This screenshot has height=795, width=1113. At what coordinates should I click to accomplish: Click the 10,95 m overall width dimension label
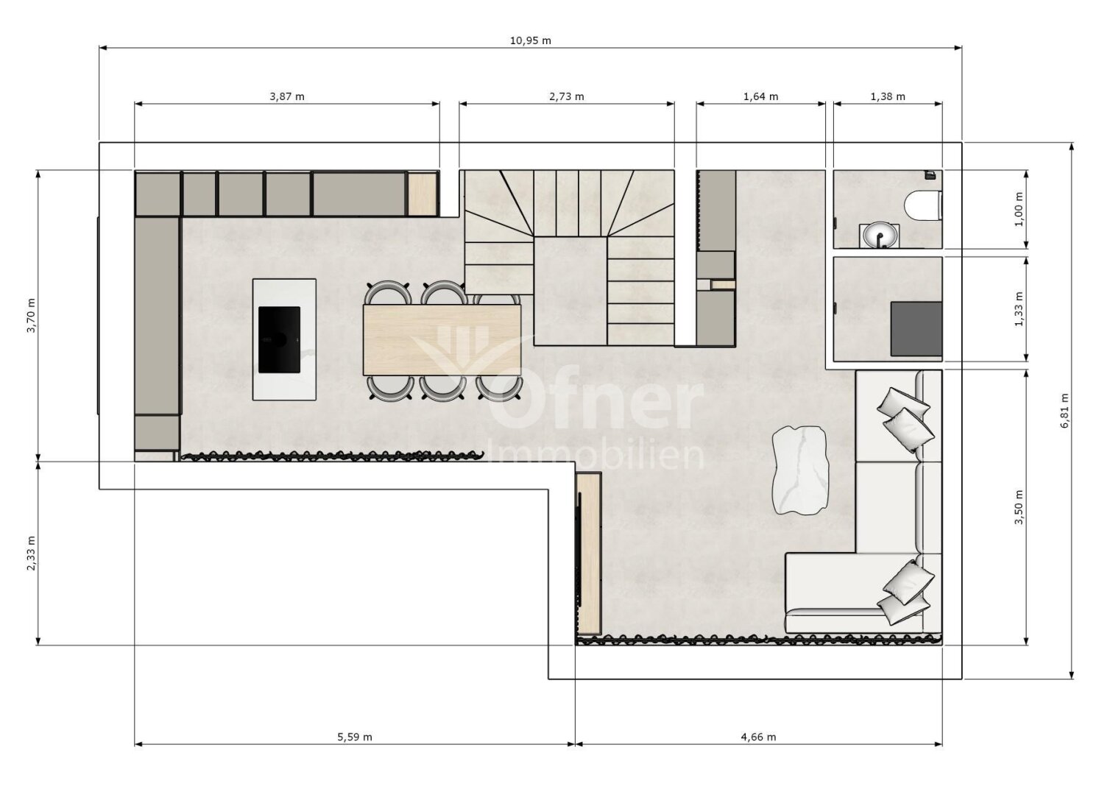click(x=530, y=40)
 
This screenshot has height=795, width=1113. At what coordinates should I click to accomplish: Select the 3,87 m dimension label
click(x=286, y=96)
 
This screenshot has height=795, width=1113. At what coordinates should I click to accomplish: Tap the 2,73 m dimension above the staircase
click(x=567, y=96)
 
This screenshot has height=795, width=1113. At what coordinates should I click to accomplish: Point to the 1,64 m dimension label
click(x=760, y=96)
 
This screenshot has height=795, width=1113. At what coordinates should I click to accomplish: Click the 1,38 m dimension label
click(x=888, y=96)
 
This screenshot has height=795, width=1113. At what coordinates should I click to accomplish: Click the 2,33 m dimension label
click(x=31, y=553)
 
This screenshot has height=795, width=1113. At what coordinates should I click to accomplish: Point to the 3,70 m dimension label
click(x=31, y=316)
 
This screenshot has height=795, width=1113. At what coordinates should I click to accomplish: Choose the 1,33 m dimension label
click(x=1019, y=308)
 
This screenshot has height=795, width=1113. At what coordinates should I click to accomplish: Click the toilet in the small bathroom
click(x=923, y=205)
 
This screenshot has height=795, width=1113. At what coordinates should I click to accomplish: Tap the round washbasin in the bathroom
click(x=878, y=235)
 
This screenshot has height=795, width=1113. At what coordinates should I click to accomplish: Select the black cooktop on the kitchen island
click(x=279, y=339)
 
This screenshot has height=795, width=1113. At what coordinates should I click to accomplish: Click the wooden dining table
click(x=442, y=339)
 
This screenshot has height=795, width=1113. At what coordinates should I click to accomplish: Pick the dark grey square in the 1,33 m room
click(x=916, y=328)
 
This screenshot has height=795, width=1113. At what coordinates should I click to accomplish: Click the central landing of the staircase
click(x=570, y=291)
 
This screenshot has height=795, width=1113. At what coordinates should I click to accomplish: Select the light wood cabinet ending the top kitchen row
click(x=422, y=194)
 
